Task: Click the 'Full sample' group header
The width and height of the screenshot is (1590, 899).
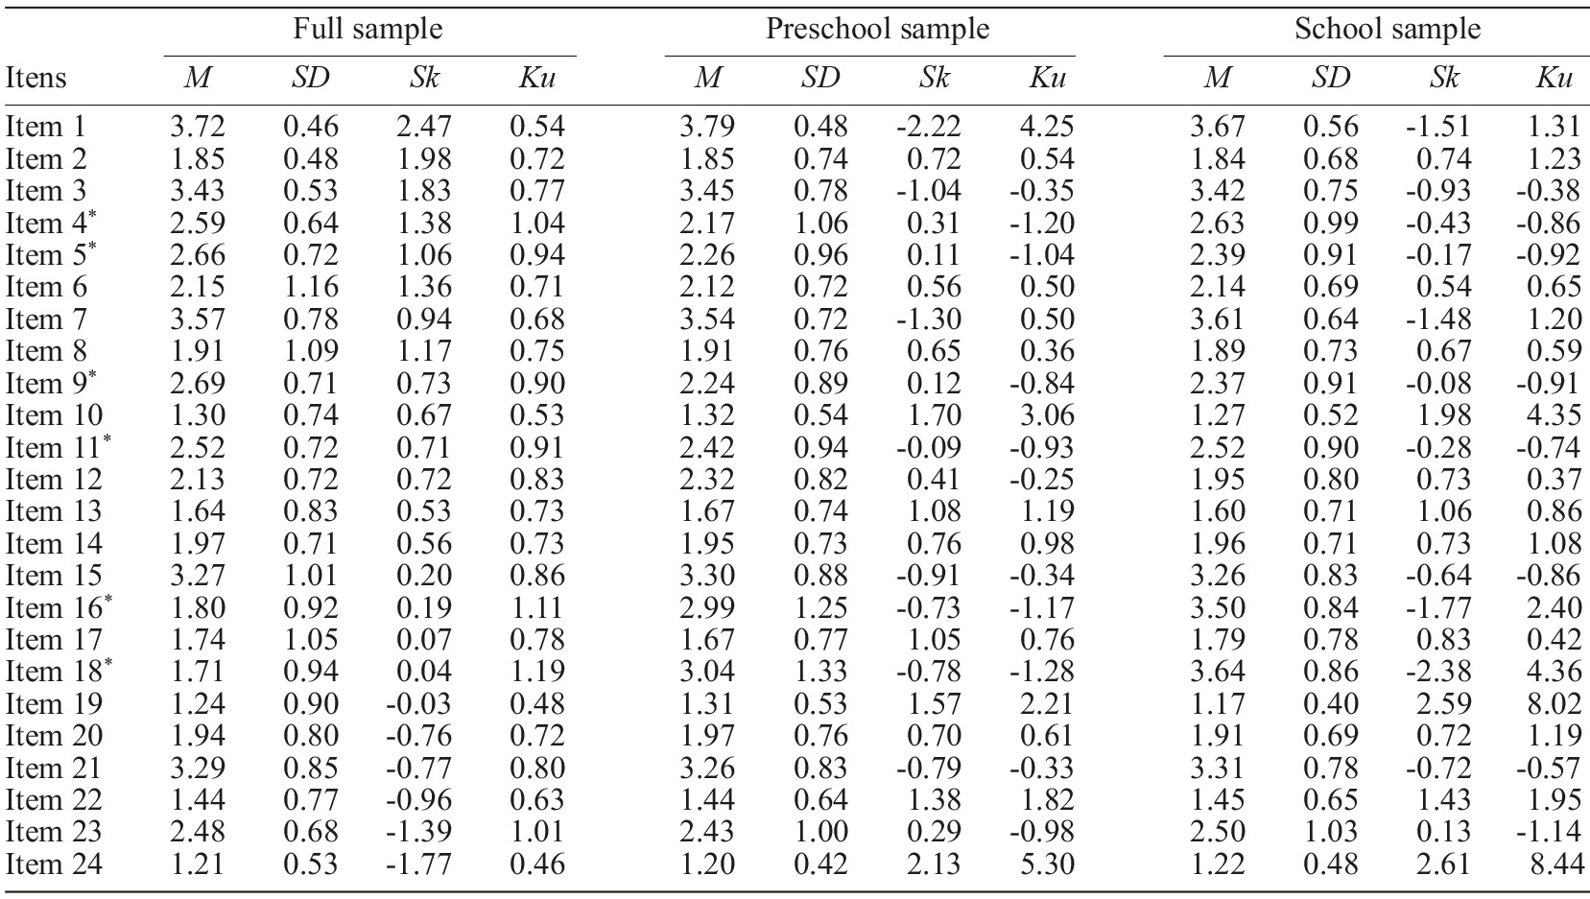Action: coord(368,29)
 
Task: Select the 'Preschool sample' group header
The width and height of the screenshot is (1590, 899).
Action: coord(877,29)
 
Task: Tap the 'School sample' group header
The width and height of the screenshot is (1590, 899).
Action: coord(1387,29)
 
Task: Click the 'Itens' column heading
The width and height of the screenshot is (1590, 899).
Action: coord(36,78)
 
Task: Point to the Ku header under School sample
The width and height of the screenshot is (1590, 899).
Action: coord(1552,78)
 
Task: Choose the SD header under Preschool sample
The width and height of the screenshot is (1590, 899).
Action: coord(819,78)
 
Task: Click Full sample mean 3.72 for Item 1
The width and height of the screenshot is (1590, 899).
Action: coord(197,127)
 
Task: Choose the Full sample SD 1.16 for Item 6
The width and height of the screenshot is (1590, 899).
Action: coord(311,287)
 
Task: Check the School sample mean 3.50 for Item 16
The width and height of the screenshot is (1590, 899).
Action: coord(1218,608)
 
